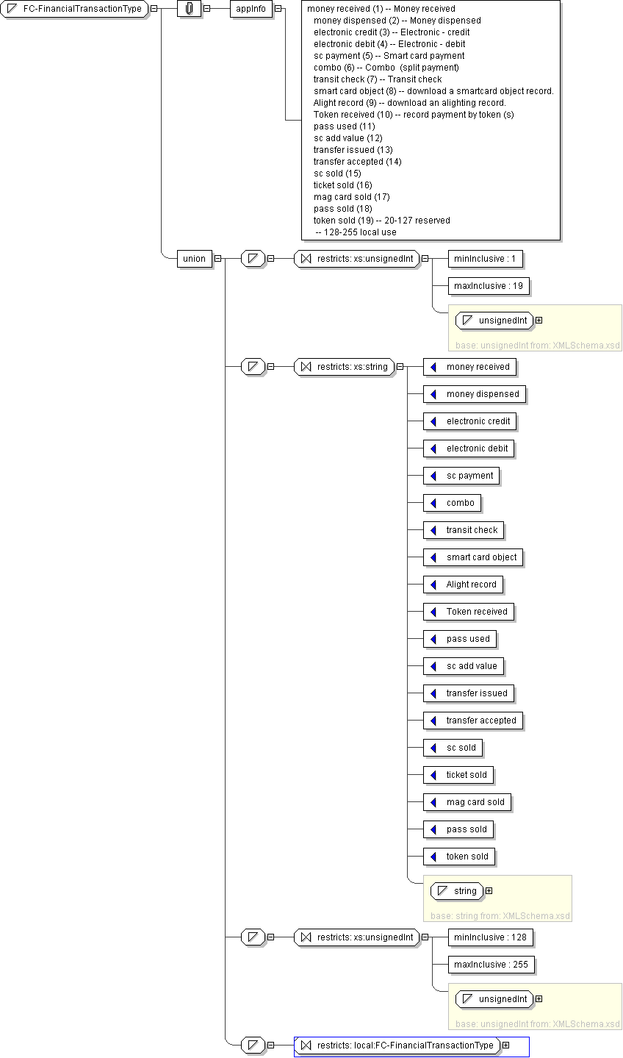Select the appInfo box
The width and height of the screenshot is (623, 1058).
pyautogui.click(x=251, y=9)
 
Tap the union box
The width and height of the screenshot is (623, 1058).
pyautogui.click(x=195, y=258)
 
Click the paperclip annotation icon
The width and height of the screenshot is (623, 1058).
pyautogui.click(x=190, y=9)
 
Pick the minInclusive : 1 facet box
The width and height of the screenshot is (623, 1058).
pyautogui.click(x=486, y=259)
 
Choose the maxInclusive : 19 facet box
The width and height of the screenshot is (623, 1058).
pyautogui.click(x=489, y=286)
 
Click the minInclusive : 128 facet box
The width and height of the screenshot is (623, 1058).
pyautogui.click(x=490, y=937)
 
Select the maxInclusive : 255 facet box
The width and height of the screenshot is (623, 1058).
pyautogui.click(x=491, y=965)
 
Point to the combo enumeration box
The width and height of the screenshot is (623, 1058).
pyautogui.click(x=453, y=503)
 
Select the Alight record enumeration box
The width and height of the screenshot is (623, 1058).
pyautogui.click(x=464, y=585)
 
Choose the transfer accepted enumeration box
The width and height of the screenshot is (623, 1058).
pyautogui.click(x=473, y=721)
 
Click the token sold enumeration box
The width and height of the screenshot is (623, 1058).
pyautogui.click(x=459, y=857)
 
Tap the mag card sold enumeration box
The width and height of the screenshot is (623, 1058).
pyautogui.click(x=467, y=802)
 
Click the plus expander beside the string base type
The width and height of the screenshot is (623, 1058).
pyautogui.click(x=489, y=891)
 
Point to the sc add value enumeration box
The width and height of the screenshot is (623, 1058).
pyautogui.click(x=464, y=666)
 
